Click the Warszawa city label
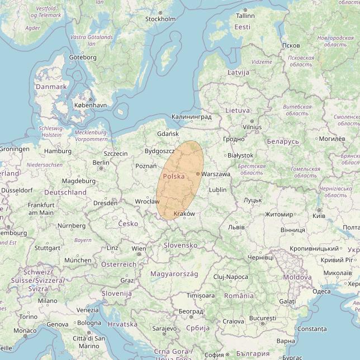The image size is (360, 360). (x=216, y=174)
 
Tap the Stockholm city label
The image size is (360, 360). (x=160, y=19)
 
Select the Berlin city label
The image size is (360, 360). (x=101, y=163)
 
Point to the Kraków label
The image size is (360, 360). (x=184, y=214)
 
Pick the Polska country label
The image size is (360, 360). (x=173, y=176)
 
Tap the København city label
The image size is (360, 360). (x=91, y=105)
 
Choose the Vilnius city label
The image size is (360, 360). (x=252, y=127)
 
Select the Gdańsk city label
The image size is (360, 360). (x=168, y=134)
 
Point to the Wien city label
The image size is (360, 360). (x=138, y=249)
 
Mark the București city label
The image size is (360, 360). (x=263, y=318)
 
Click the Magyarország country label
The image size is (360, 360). (x=174, y=274)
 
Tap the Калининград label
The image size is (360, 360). (x=192, y=117)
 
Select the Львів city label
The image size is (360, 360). (x=236, y=227)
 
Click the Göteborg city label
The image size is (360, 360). (x=83, y=58)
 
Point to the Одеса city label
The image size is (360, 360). (x=321, y=291)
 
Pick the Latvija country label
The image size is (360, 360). (x=238, y=73)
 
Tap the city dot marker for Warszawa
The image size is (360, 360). (x=198, y=174)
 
